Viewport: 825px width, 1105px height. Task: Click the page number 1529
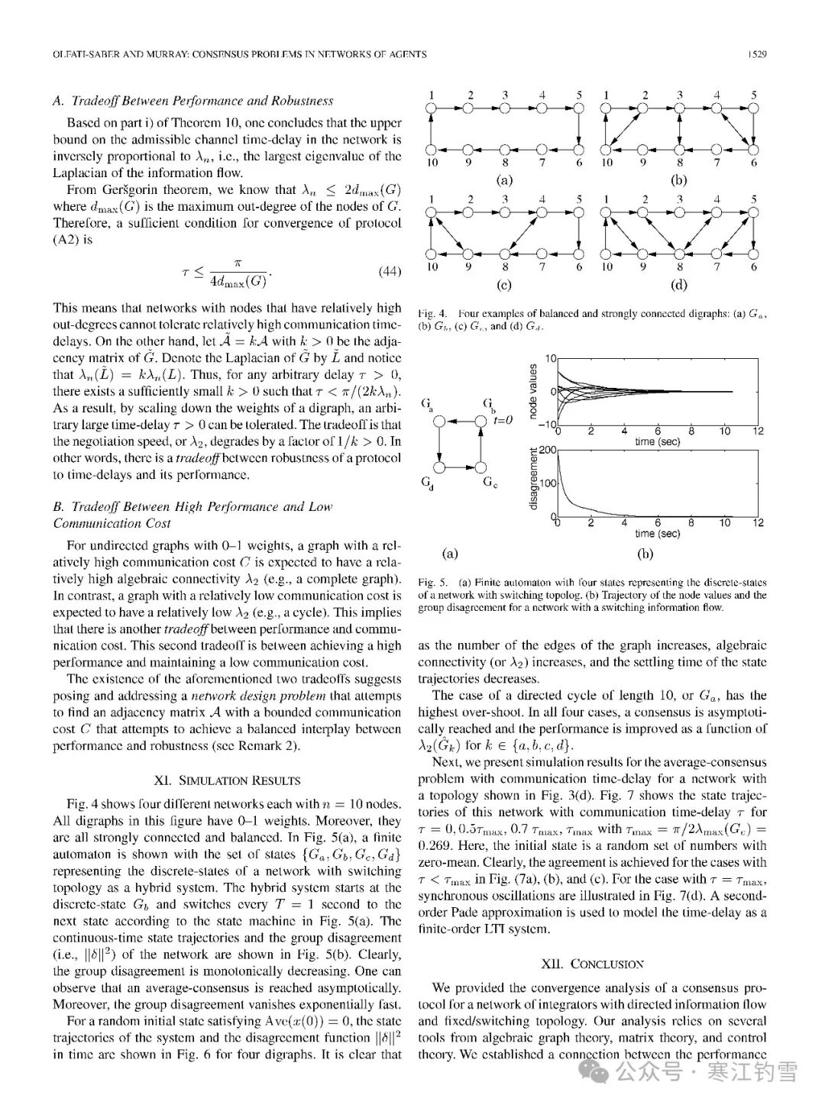pyautogui.click(x=756, y=54)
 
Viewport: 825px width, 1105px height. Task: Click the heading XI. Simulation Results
pyautogui.click(x=227, y=780)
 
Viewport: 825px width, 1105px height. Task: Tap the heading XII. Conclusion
pyautogui.click(x=592, y=964)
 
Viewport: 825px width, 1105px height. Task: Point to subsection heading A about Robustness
pyautogui.click(x=193, y=101)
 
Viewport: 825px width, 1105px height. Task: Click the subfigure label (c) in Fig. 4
pyautogui.click(x=504, y=286)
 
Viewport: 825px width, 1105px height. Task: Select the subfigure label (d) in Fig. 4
pyautogui.click(x=678, y=286)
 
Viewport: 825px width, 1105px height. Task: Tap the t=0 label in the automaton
pyautogui.click(x=503, y=420)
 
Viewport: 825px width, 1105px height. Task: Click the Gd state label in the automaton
pyautogui.click(x=427, y=483)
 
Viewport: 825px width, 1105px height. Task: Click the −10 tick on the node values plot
pyautogui.click(x=547, y=425)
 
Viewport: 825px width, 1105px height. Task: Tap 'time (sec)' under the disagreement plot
pyautogui.click(x=657, y=534)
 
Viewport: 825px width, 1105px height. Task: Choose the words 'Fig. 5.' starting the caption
pyautogui.click(x=432, y=583)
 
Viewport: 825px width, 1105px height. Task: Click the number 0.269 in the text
pyautogui.click(x=432, y=845)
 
